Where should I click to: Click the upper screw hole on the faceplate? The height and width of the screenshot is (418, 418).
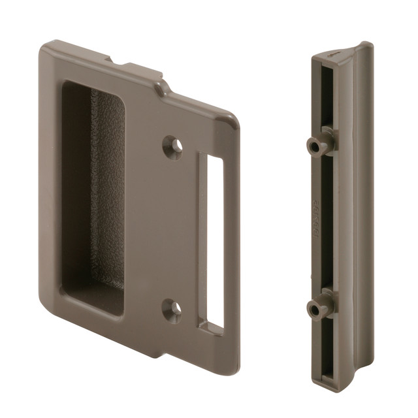click(172, 146)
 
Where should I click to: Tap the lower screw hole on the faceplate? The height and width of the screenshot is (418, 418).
click(172, 310)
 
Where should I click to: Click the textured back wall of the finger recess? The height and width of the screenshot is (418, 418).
click(107, 189)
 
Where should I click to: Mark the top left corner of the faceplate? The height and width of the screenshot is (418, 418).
click(47, 47)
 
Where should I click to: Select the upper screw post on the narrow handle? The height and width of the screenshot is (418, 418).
click(318, 146)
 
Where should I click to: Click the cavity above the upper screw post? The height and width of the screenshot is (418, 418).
click(325, 98)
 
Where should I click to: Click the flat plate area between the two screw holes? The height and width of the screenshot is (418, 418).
click(172, 229)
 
